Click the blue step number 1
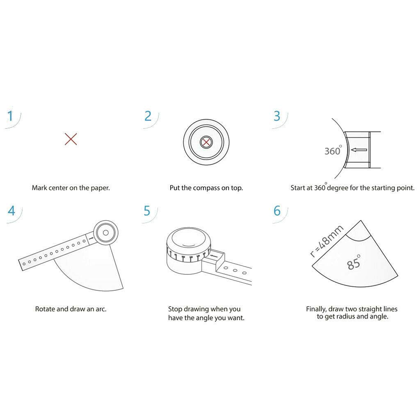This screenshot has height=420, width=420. click(x=11, y=116)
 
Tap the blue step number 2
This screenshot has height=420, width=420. click(x=148, y=116)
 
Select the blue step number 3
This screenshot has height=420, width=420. click(x=277, y=116)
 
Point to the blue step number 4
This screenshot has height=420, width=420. click(x=11, y=211)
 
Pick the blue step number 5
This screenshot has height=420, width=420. click(x=147, y=211)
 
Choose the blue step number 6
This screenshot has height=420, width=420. click(x=277, y=211)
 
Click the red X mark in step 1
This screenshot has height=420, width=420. click(x=71, y=139)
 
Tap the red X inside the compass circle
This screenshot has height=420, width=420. click(x=206, y=142)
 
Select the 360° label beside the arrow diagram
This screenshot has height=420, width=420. click(x=333, y=151)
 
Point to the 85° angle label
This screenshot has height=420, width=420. click(x=354, y=262)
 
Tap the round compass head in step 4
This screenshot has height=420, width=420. click(x=105, y=233)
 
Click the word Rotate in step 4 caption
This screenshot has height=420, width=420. click(x=45, y=309)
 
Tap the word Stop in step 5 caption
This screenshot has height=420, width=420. click(x=175, y=309)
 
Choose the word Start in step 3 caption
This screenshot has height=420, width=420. click(x=298, y=188)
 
